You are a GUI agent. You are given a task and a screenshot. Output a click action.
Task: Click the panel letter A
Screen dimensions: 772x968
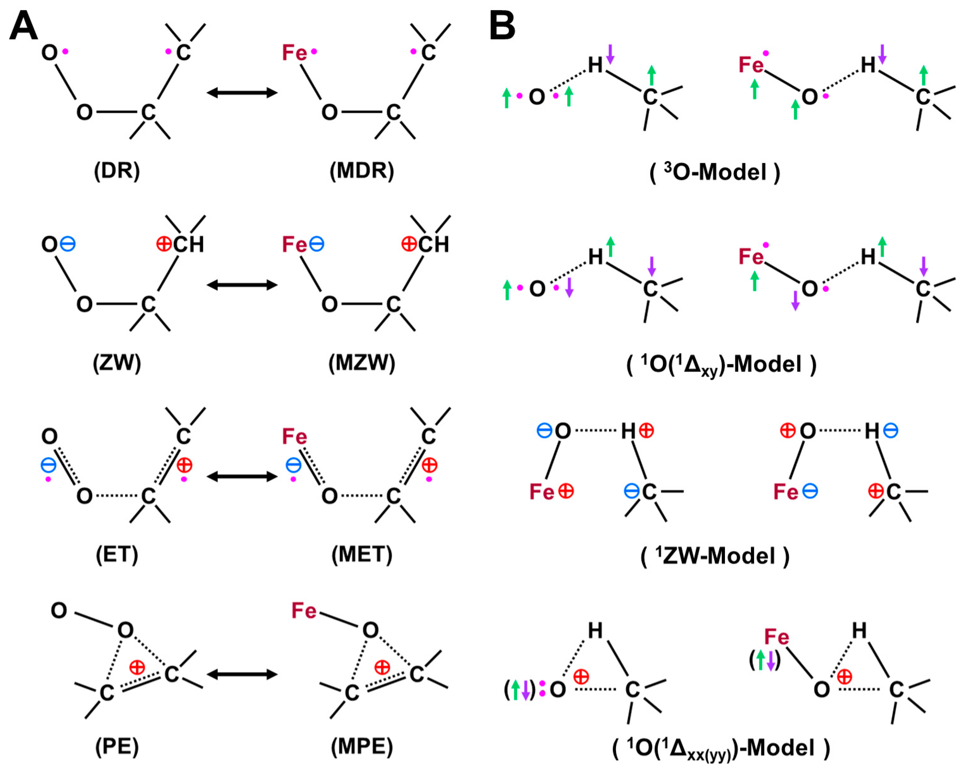23,26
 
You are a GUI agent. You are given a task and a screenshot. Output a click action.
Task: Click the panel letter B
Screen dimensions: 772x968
502,26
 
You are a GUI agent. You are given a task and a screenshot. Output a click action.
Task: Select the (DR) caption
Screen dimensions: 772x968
117,171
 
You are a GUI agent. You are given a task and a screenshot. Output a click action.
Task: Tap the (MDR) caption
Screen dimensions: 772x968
362,171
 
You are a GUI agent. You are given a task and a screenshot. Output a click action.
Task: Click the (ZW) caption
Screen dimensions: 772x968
117,362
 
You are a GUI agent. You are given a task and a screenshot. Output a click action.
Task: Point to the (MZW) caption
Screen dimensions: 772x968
362,362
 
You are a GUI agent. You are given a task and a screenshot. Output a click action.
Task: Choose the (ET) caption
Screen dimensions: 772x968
117,554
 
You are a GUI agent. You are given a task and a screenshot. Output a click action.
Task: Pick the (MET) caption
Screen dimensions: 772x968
362,554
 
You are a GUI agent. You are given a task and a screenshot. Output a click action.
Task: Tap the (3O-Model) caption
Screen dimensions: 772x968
715,172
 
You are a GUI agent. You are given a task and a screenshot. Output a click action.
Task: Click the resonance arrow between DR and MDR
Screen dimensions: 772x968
242,93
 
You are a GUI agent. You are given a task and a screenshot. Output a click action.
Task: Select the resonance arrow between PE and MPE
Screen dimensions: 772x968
242,674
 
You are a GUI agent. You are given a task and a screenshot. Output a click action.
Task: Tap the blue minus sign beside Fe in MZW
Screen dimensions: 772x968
317,244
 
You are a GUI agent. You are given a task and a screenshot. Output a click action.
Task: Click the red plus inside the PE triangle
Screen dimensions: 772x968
137,667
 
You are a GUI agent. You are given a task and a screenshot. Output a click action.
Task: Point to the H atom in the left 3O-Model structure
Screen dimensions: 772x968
595,66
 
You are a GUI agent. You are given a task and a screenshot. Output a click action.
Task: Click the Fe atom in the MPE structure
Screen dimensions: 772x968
304,611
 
